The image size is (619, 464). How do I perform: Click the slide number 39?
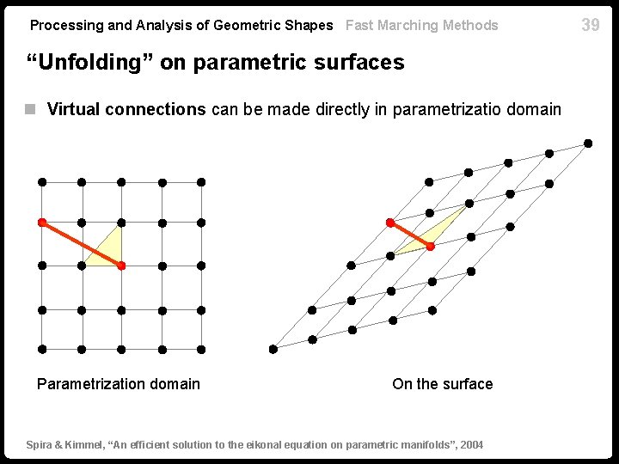click(x=591, y=25)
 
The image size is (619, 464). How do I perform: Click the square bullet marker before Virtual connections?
click(x=30, y=109)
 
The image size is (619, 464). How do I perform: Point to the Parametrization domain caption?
click(x=119, y=384)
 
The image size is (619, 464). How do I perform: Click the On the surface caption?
click(x=442, y=384)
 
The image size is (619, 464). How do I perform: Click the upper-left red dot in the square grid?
click(x=42, y=223)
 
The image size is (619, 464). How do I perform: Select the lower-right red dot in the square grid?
click(x=121, y=266)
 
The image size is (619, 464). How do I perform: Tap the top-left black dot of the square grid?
click(x=42, y=182)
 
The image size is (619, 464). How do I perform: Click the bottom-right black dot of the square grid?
click(x=200, y=349)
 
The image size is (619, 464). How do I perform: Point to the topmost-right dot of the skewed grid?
click(x=588, y=143)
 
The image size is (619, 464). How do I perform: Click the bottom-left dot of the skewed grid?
click(x=273, y=349)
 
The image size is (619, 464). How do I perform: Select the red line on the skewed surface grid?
click(x=410, y=235)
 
